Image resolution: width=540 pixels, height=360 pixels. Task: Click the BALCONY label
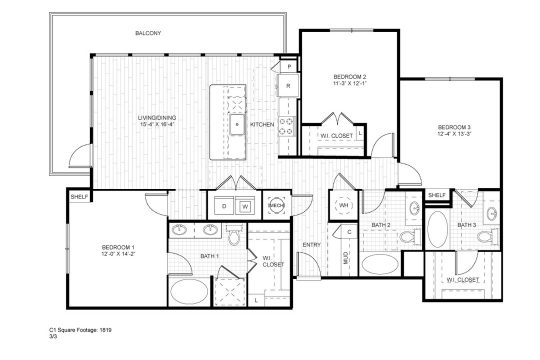(147, 33)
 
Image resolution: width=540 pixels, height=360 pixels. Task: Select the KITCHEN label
(262, 124)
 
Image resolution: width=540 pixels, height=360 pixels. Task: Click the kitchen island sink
(239, 125)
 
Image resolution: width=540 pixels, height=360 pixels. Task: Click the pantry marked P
(288, 66)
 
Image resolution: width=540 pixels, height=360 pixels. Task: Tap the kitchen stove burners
(287, 125)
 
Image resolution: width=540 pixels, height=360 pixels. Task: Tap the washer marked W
(244, 206)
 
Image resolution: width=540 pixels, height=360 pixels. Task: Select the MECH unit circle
(277, 205)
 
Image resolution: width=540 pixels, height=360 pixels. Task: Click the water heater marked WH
(344, 206)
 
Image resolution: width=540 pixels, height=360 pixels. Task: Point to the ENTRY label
(312, 245)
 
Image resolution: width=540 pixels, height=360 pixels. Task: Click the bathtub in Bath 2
(380, 264)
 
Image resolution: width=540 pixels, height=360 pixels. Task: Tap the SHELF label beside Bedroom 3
(437, 194)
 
